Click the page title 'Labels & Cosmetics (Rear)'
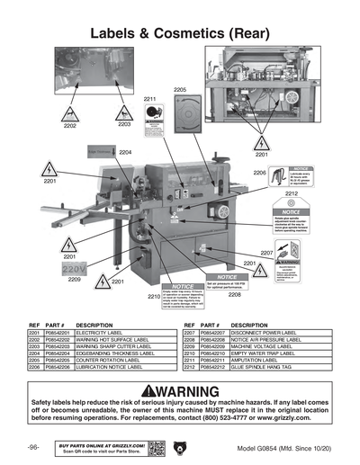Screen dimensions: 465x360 coord(180,32)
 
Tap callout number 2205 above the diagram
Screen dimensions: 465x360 coord(180,90)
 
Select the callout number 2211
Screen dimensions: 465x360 coord(150,99)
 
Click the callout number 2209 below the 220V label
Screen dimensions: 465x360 coord(75,280)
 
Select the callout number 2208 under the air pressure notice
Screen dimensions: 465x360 coord(234,294)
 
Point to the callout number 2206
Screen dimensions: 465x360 coord(259,172)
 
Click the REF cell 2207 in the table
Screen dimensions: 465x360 coord(189,333)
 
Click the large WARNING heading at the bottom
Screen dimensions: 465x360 coord(180,392)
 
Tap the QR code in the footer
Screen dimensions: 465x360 coord(155,446)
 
